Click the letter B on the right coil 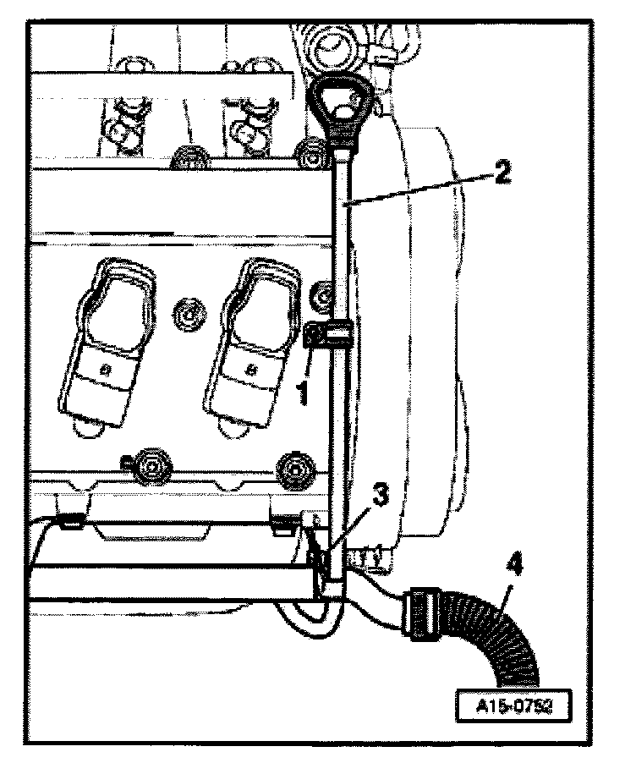(x=251, y=371)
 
